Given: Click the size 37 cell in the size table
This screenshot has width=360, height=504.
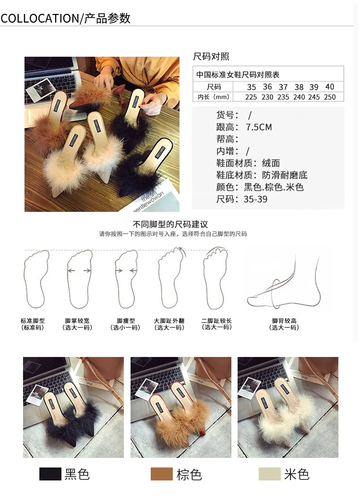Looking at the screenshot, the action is (x=283, y=87).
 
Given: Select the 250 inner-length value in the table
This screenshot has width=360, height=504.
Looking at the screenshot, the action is (x=329, y=97).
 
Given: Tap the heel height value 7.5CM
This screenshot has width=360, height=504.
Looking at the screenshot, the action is (x=259, y=127).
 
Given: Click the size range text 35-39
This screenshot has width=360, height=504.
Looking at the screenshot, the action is (x=255, y=199).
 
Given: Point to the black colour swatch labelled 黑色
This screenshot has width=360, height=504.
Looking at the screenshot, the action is (x=50, y=474).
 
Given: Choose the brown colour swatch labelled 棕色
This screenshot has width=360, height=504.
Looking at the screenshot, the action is (x=162, y=474).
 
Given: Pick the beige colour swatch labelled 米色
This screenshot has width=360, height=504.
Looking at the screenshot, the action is (x=269, y=474).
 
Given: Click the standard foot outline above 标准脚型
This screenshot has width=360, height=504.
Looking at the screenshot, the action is (x=36, y=279).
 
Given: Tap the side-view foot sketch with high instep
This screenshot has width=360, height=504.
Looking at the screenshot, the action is (x=284, y=281).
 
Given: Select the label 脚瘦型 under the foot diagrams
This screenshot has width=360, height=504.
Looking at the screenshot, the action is (x=126, y=321).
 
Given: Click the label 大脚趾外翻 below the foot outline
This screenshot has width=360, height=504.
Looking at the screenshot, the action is (x=169, y=321).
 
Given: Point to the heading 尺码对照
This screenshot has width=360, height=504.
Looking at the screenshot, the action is (x=211, y=57).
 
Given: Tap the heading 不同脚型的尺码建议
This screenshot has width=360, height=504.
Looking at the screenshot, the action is (x=170, y=224).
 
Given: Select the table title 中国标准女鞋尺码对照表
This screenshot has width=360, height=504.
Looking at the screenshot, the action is (x=238, y=75).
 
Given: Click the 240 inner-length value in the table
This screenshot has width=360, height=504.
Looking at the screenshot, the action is (x=299, y=97).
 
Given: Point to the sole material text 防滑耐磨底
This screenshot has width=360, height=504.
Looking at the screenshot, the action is (x=285, y=175).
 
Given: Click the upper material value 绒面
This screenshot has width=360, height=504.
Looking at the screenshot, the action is (x=271, y=163).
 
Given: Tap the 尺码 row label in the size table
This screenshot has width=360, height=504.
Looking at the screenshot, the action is (x=214, y=87).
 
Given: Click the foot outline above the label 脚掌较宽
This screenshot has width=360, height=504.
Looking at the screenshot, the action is (x=80, y=279).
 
